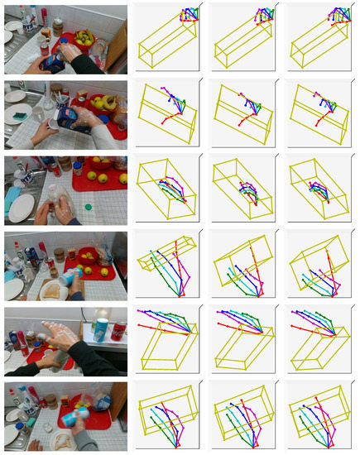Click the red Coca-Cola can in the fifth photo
click(x=118, y=331)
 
